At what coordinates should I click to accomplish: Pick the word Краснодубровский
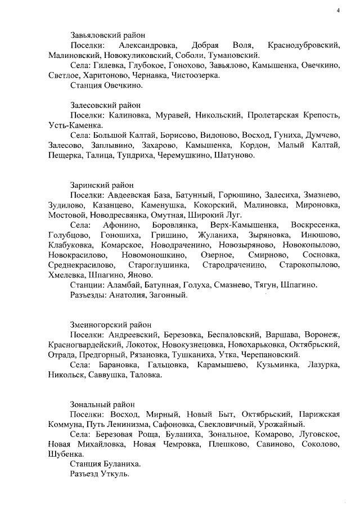pos(304,44)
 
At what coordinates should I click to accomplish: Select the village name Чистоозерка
pos(195,75)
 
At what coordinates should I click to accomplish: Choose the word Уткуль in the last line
pos(114,474)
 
